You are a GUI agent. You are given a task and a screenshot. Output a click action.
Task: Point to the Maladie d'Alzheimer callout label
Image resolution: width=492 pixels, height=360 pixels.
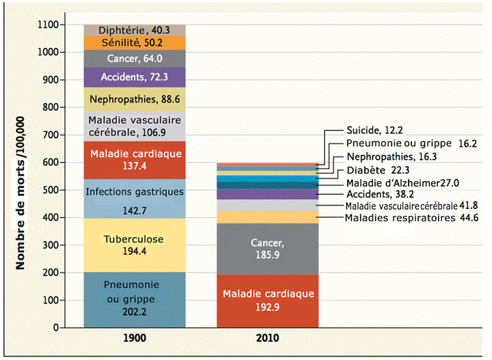tap(402, 182)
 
